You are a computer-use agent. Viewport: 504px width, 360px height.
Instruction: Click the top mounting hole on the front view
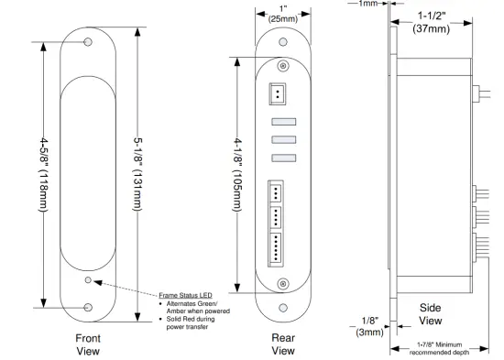click(88, 43)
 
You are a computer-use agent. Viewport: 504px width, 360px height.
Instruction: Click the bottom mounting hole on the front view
click(88, 309)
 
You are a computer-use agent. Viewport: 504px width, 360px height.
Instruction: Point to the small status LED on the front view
click(88, 280)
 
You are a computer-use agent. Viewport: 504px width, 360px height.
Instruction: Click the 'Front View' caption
click(87, 343)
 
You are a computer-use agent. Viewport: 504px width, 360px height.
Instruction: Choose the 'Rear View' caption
click(283, 343)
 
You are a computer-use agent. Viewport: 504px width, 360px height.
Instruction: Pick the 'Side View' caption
click(430, 314)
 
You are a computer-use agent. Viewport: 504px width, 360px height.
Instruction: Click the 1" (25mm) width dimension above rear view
click(283, 14)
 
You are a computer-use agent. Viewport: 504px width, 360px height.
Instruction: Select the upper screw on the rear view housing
click(283, 67)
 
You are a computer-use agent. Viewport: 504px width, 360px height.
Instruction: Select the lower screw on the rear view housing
click(283, 281)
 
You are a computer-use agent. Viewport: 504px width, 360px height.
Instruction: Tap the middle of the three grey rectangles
click(282, 140)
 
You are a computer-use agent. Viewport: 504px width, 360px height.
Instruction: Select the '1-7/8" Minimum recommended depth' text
click(438, 346)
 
